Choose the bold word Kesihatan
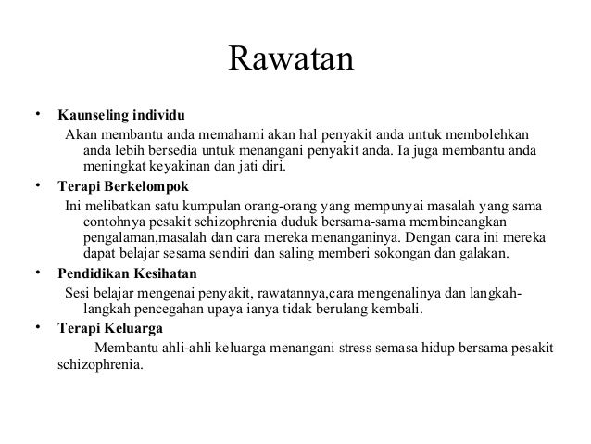point(168,274)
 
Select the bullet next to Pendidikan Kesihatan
point(39,273)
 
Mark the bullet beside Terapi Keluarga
point(39,326)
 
